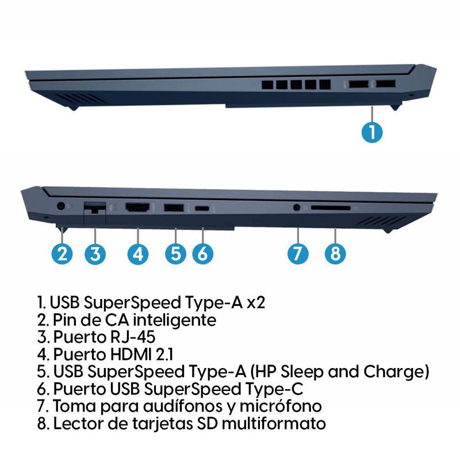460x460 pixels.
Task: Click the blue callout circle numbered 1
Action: click(x=372, y=132)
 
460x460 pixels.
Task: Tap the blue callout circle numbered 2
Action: click(x=62, y=254)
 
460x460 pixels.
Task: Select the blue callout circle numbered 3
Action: click(x=95, y=254)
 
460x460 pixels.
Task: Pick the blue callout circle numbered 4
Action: click(x=138, y=254)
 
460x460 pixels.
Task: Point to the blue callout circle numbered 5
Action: click(x=175, y=254)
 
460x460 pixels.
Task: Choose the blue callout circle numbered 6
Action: click(x=203, y=254)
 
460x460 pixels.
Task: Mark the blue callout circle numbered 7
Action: click(x=298, y=254)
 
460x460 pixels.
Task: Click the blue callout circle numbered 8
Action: click(x=335, y=254)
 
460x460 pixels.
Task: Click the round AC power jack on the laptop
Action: click(x=60, y=206)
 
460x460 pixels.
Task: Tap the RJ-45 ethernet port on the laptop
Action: click(x=95, y=208)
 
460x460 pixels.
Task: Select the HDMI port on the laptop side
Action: click(x=137, y=207)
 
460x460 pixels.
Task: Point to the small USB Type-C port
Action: click(x=202, y=209)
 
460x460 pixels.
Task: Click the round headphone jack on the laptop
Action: click(x=297, y=208)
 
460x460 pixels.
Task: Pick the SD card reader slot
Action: click(x=331, y=208)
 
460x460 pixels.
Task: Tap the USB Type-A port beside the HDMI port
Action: click(x=174, y=208)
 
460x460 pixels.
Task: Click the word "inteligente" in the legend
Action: click(x=175, y=320)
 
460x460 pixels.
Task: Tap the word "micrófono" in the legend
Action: click(x=281, y=406)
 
